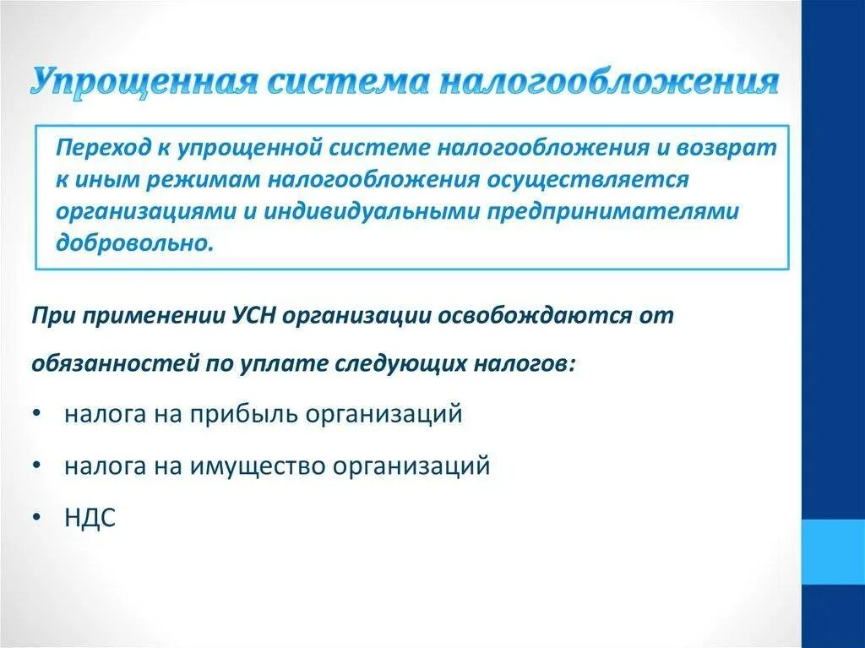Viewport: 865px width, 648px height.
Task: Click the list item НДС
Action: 90,517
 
